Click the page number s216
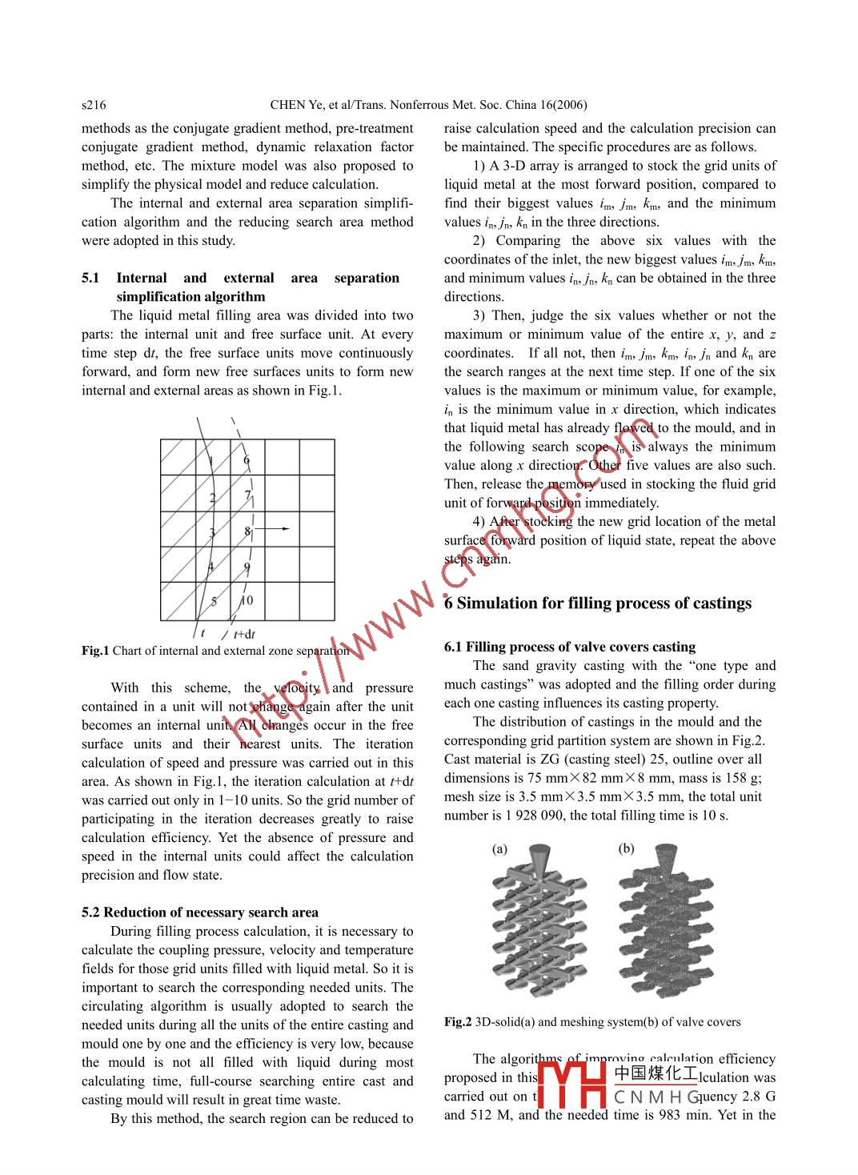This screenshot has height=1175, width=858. [x=94, y=105]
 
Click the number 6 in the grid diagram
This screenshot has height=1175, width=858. [x=247, y=460]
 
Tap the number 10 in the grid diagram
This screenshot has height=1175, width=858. [x=247, y=600]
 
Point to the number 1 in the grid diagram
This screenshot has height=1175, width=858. [x=210, y=461]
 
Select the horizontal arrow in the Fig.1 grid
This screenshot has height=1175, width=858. [x=275, y=528]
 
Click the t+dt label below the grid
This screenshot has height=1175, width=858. [x=244, y=634]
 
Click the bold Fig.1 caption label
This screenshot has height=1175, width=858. [x=95, y=651]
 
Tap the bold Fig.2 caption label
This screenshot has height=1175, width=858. [x=458, y=1022]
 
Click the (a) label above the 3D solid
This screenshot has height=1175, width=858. [x=499, y=848]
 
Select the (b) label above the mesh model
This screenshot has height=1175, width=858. [x=626, y=848]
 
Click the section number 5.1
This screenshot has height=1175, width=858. [x=90, y=278]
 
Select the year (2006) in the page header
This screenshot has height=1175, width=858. [x=569, y=105]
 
